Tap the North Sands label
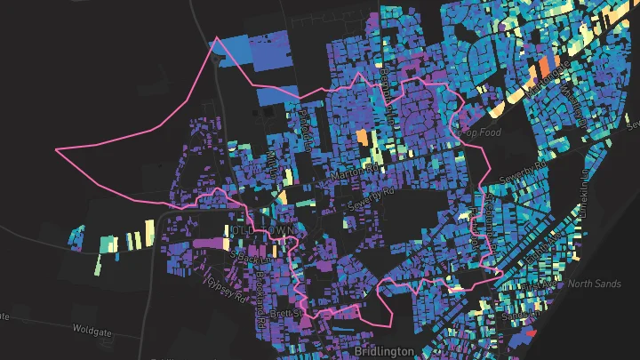point(592,284)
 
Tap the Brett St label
point(288,315)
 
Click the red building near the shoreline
point(532,332)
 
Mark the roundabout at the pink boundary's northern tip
point(216,40)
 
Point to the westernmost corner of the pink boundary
point(56,150)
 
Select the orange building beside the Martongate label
point(544,68)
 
